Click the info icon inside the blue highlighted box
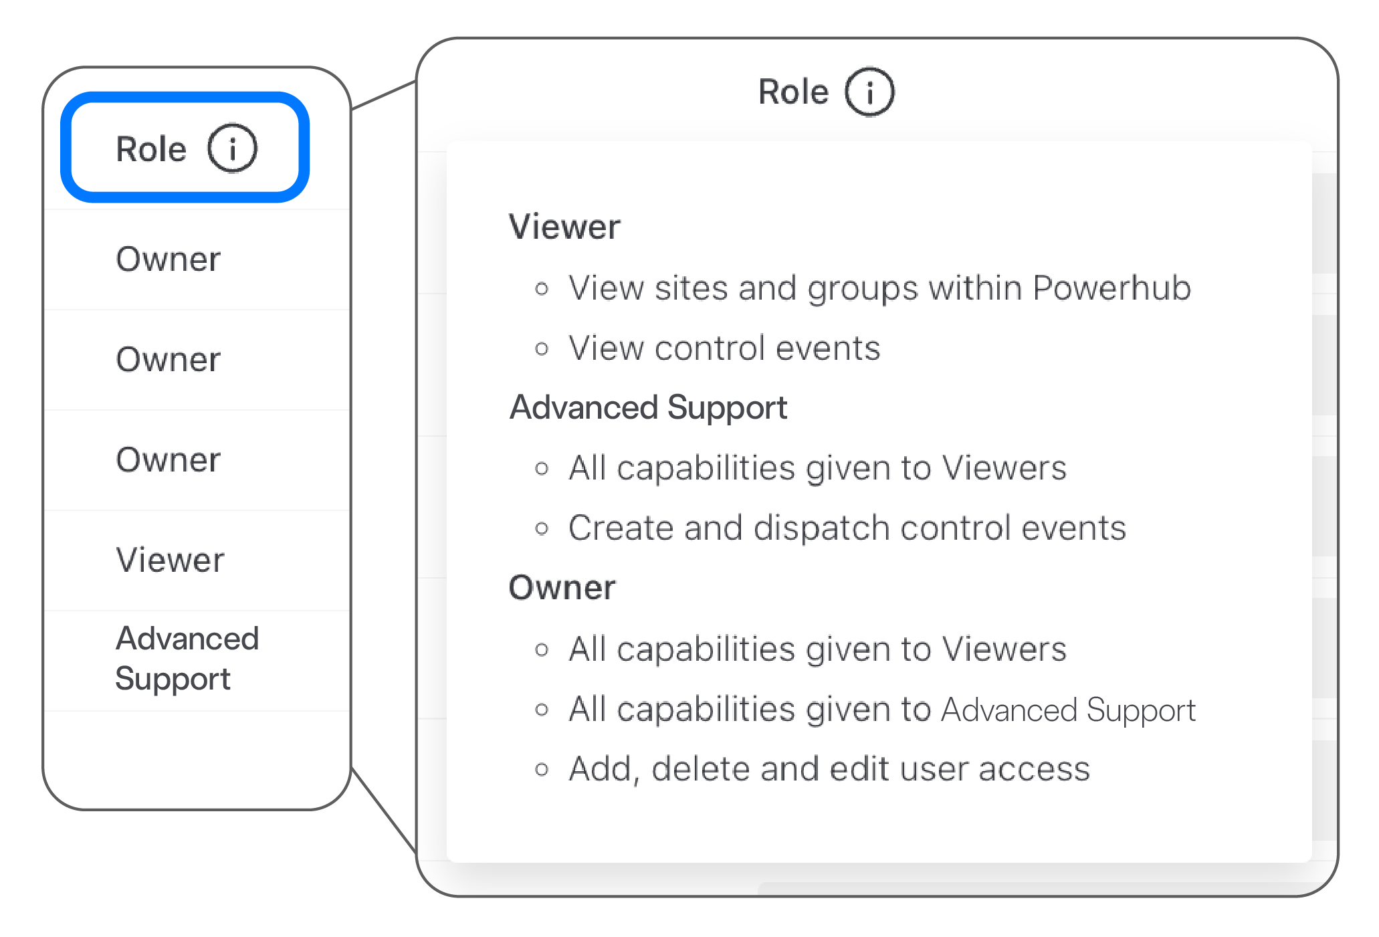click(x=232, y=148)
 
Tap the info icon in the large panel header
click(x=869, y=92)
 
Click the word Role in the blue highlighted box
click(x=151, y=148)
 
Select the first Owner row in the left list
click(x=168, y=259)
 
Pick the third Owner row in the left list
click(x=168, y=459)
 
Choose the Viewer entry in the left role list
click(x=170, y=560)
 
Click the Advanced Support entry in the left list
click(x=187, y=659)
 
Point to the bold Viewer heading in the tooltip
click(x=565, y=227)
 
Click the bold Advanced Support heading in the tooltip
click(x=649, y=408)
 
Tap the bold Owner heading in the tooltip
click(x=562, y=588)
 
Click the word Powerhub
click(x=1111, y=288)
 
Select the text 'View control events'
click(x=724, y=348)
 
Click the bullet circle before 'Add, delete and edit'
click(x=542, y=770)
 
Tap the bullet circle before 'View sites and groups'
click(x=542, y=289)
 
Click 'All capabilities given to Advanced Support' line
click(x=882, y=710)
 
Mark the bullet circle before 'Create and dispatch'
click(x=542, y=529)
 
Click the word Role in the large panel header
click(x=793, y=92)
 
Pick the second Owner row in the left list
click(x=168, y=359)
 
